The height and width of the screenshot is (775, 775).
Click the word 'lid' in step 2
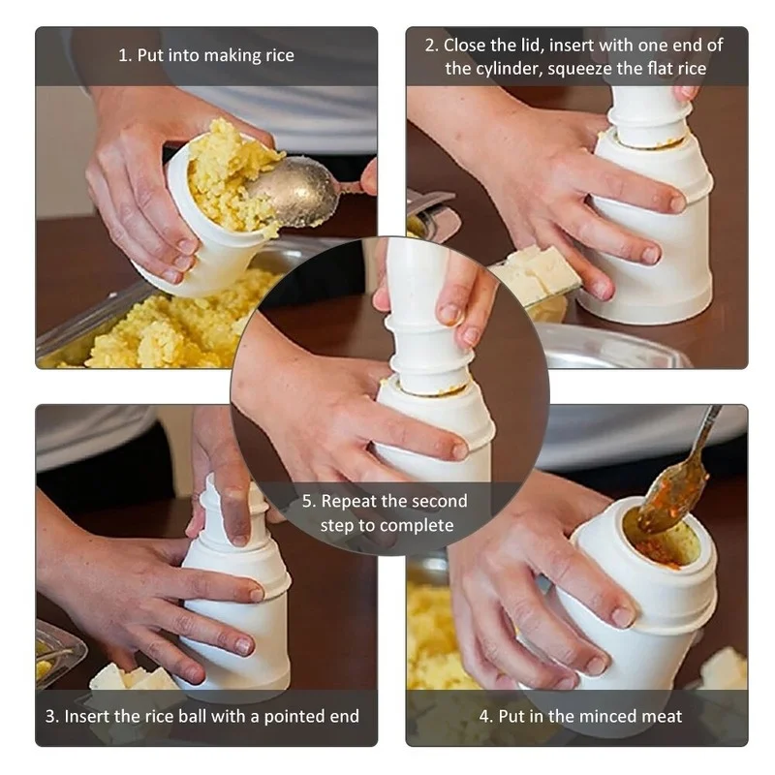(524, 46)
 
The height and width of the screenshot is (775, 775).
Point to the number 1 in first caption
(123, 56)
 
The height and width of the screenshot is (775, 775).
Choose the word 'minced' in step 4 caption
(593, 716)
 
